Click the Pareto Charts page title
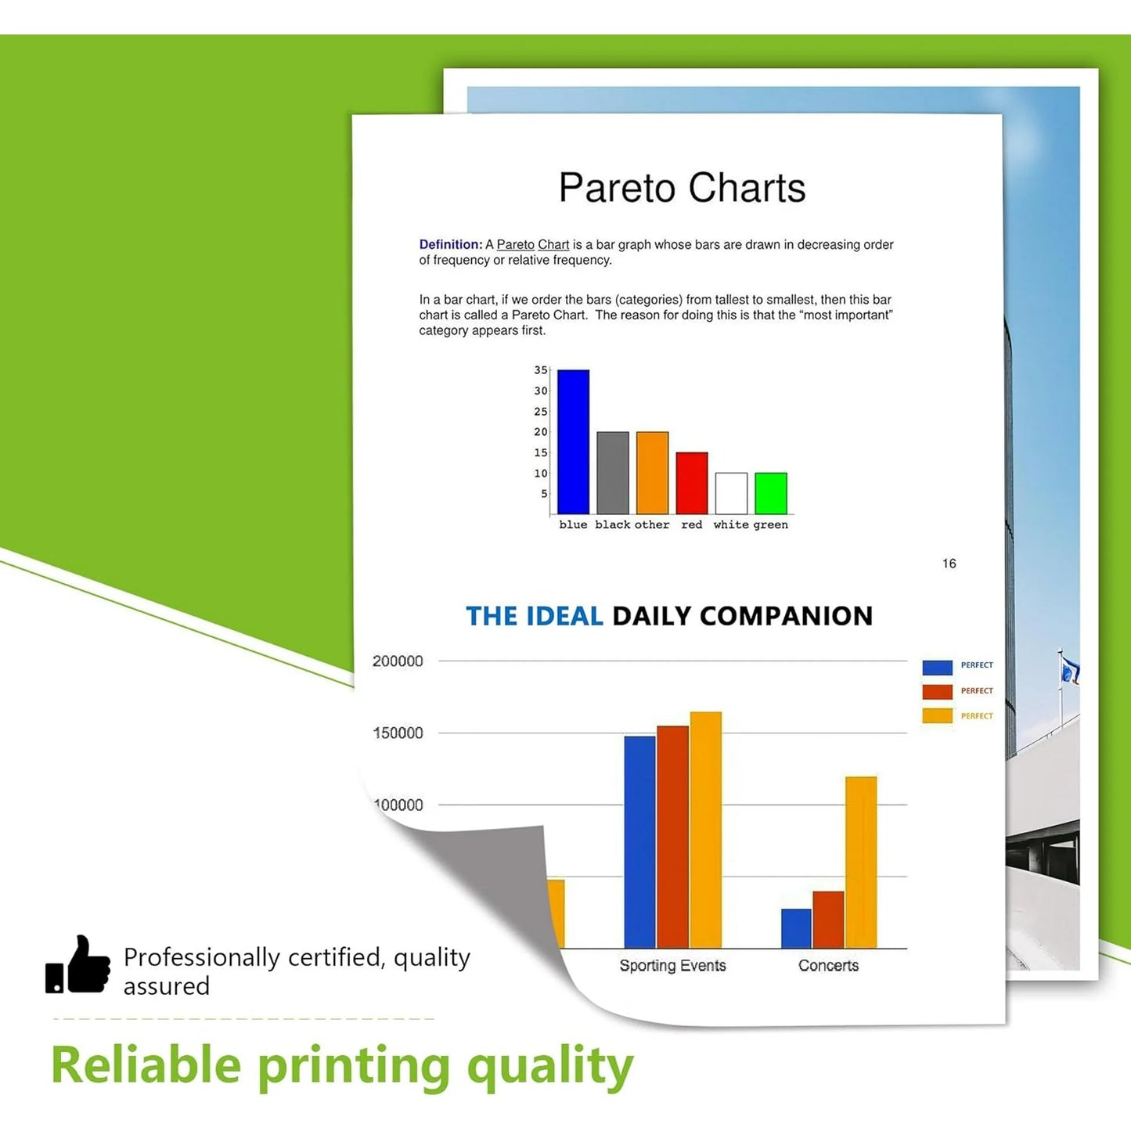tap(682, 189)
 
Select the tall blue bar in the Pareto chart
tap(573, 442)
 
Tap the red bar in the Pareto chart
tap(692, 483)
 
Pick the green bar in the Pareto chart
tap(771, 493)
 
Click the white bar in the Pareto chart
tap(731, 493)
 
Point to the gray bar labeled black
tap(613, 473)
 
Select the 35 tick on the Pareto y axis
tap(541, 370)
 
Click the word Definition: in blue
tap(451, 245)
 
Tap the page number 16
tap(949, 564)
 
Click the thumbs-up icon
tap(78, 965)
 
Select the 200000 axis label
tap(398, 661)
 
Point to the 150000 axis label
tap(398, 733)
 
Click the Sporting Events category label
tap(672, 966)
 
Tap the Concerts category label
tap(828, 966)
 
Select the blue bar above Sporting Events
tap(639, 842)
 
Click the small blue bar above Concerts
tap(796, 929)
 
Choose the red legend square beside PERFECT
tap(937, 692)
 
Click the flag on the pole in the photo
tap(1070, 671)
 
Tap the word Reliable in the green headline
tap(146, 1066)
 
